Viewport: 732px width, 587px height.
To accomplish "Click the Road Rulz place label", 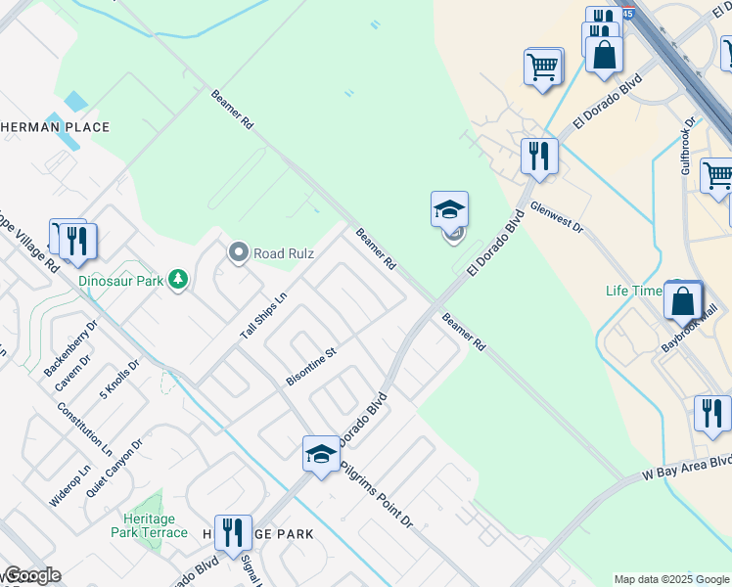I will click(284, 253).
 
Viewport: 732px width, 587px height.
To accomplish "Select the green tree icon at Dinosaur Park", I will click(177, 281).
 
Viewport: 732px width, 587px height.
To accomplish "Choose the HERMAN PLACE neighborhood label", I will click(55, 127).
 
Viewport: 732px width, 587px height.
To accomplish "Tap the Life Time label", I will click(634, 292).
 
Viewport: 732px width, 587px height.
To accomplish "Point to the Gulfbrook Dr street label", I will click(687, 146).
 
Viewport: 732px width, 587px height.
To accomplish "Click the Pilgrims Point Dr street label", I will click(377, 494).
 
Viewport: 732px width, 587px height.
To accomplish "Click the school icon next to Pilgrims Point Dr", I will click(321, 453).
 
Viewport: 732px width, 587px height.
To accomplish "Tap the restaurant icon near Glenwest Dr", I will click(538, 155).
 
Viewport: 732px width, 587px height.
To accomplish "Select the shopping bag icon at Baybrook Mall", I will click(683, 299).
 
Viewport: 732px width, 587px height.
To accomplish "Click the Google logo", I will click(31, 576).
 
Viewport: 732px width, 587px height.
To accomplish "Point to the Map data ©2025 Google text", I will click(671, 579).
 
